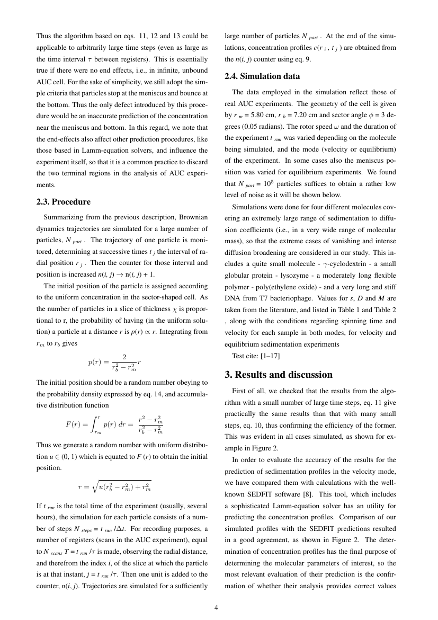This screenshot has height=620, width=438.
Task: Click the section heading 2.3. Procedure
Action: pos(63,202)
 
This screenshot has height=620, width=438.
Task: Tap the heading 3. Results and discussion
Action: pos(279,374)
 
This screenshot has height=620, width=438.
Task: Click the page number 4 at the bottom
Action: pos(216,607)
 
